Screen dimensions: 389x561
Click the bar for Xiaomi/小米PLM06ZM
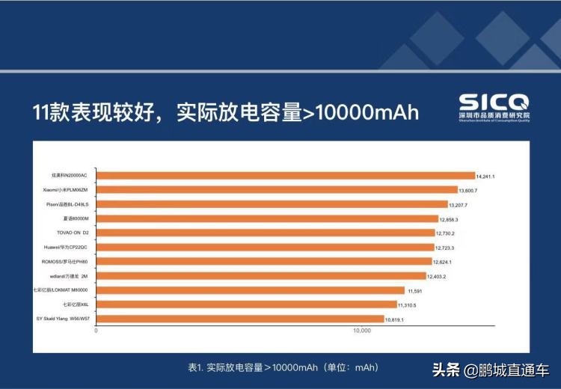(x=277, y=190)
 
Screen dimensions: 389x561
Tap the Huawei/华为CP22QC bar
(x=266, y=247)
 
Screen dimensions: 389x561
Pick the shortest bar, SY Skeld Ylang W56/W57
(x=240, y=319)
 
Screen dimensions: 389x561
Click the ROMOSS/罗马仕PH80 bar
(x=264, y=262)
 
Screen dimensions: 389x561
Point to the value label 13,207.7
(x=463, y=205)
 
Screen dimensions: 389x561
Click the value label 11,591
(x=416, y=291)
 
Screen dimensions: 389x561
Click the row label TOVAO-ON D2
(x=73, y=233)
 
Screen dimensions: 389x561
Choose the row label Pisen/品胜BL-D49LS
(x=67, y=204)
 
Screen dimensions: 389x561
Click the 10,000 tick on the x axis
(x=362, y=331)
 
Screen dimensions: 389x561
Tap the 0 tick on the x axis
(x=96, y=331)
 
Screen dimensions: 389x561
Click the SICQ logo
(x=494, y=105)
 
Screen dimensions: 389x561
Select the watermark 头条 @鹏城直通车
(x=490, y=370)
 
